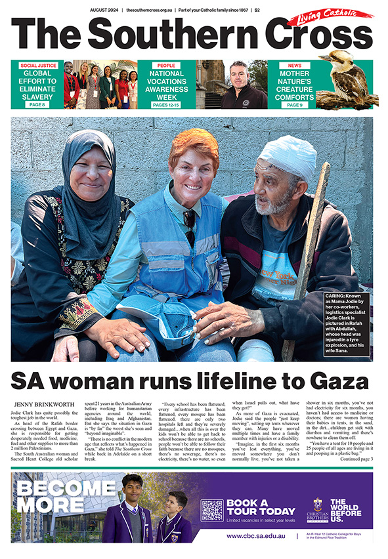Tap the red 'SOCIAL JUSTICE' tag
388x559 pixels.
point(37,66)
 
